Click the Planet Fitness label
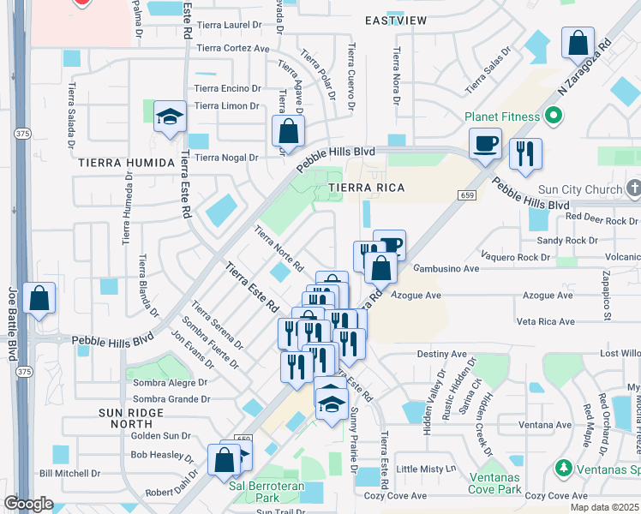[502, 117]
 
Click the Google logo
[28, 504]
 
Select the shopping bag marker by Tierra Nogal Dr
[289, 132]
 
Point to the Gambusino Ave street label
[446, 268]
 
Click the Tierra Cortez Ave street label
[232, 49]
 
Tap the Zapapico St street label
[607, 300]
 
